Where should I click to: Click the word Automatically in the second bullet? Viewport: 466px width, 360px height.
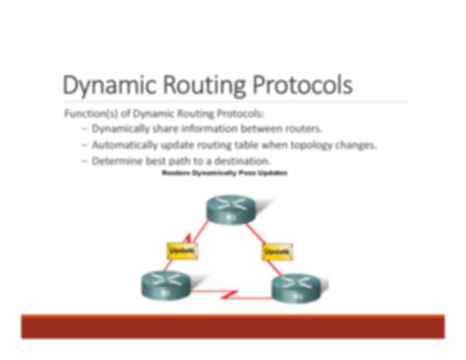129,145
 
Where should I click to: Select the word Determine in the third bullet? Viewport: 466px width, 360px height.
118,160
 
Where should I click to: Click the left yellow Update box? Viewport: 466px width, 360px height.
182,252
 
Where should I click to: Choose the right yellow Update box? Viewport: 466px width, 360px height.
275,252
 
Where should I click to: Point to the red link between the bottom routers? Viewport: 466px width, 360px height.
228,293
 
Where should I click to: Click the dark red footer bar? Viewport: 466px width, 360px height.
232,327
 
